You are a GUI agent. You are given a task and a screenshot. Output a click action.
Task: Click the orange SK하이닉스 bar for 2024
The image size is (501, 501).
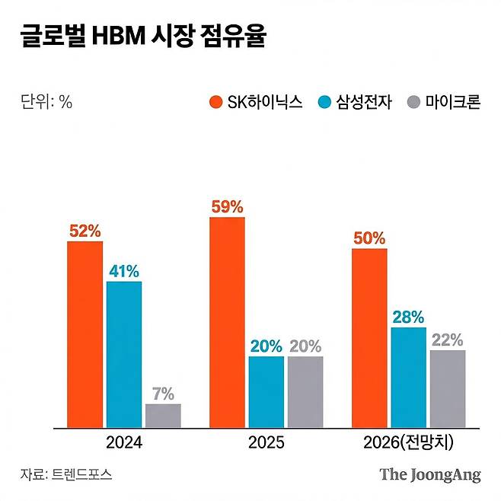(85, 334)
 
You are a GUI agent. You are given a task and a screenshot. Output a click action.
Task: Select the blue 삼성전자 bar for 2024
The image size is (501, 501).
(124, 354)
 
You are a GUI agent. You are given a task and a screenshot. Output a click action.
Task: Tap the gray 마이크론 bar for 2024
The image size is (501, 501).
(163, 416)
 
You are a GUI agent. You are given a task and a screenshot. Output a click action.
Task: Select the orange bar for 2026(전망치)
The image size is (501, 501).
(369, 338)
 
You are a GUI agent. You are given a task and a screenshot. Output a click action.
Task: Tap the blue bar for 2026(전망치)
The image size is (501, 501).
(408, 378)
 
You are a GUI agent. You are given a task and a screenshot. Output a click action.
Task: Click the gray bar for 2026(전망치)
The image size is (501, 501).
(448, 389)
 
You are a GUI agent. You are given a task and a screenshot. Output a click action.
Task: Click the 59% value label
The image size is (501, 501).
(227, 206)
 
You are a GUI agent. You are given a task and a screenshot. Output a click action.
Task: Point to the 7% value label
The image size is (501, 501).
(163, 394)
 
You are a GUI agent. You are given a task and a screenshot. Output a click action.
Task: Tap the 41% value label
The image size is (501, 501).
(124, 270)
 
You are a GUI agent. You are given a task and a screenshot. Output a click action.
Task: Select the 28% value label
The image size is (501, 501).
(408, 317)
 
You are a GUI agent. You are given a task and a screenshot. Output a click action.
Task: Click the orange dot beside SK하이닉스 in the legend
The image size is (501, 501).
(215, 103)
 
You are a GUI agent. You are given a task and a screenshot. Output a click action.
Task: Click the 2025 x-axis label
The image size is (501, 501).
(266, 442)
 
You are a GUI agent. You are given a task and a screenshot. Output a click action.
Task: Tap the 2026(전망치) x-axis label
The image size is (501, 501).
(408, 442)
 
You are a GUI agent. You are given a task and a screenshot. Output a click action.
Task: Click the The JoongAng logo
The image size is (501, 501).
(430, 474)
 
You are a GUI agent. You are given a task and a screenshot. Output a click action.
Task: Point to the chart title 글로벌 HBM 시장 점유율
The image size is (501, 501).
(143, 37)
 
